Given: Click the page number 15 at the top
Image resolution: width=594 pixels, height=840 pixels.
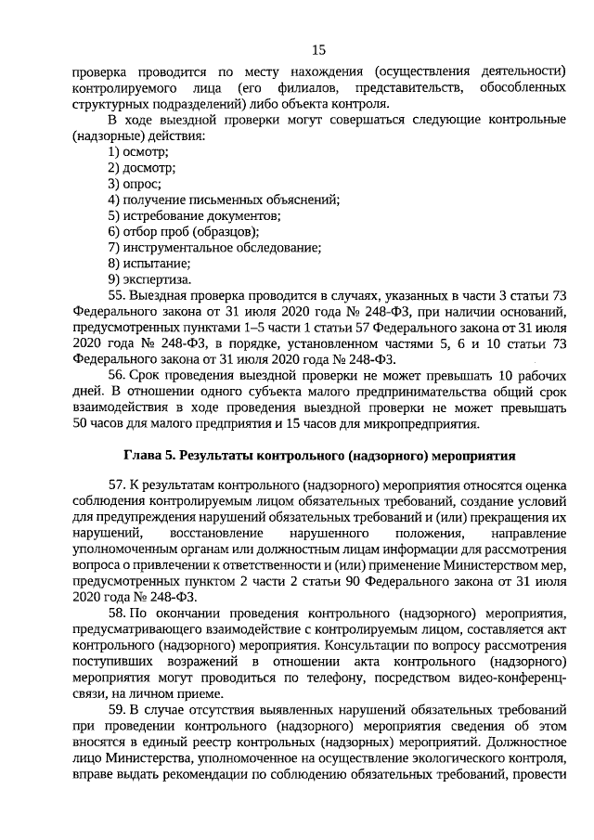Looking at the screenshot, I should click(x=318, y=49).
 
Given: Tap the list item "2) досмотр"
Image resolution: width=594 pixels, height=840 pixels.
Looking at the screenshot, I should click(x=141, y=168).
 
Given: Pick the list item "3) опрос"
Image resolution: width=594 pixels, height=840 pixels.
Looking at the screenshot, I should click(x=135, y=184).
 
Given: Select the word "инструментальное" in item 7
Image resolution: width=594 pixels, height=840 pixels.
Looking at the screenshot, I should click(x=176, y=248).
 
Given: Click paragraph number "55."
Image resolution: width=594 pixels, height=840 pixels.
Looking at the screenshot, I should click(x=119, y=296).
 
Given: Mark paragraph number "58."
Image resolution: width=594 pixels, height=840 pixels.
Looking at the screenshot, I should click(x=119, y=614).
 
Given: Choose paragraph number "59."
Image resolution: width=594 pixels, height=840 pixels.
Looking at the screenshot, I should click(x=119, y=710).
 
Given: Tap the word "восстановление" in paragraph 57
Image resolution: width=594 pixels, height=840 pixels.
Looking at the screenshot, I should click(x=215, y=536).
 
